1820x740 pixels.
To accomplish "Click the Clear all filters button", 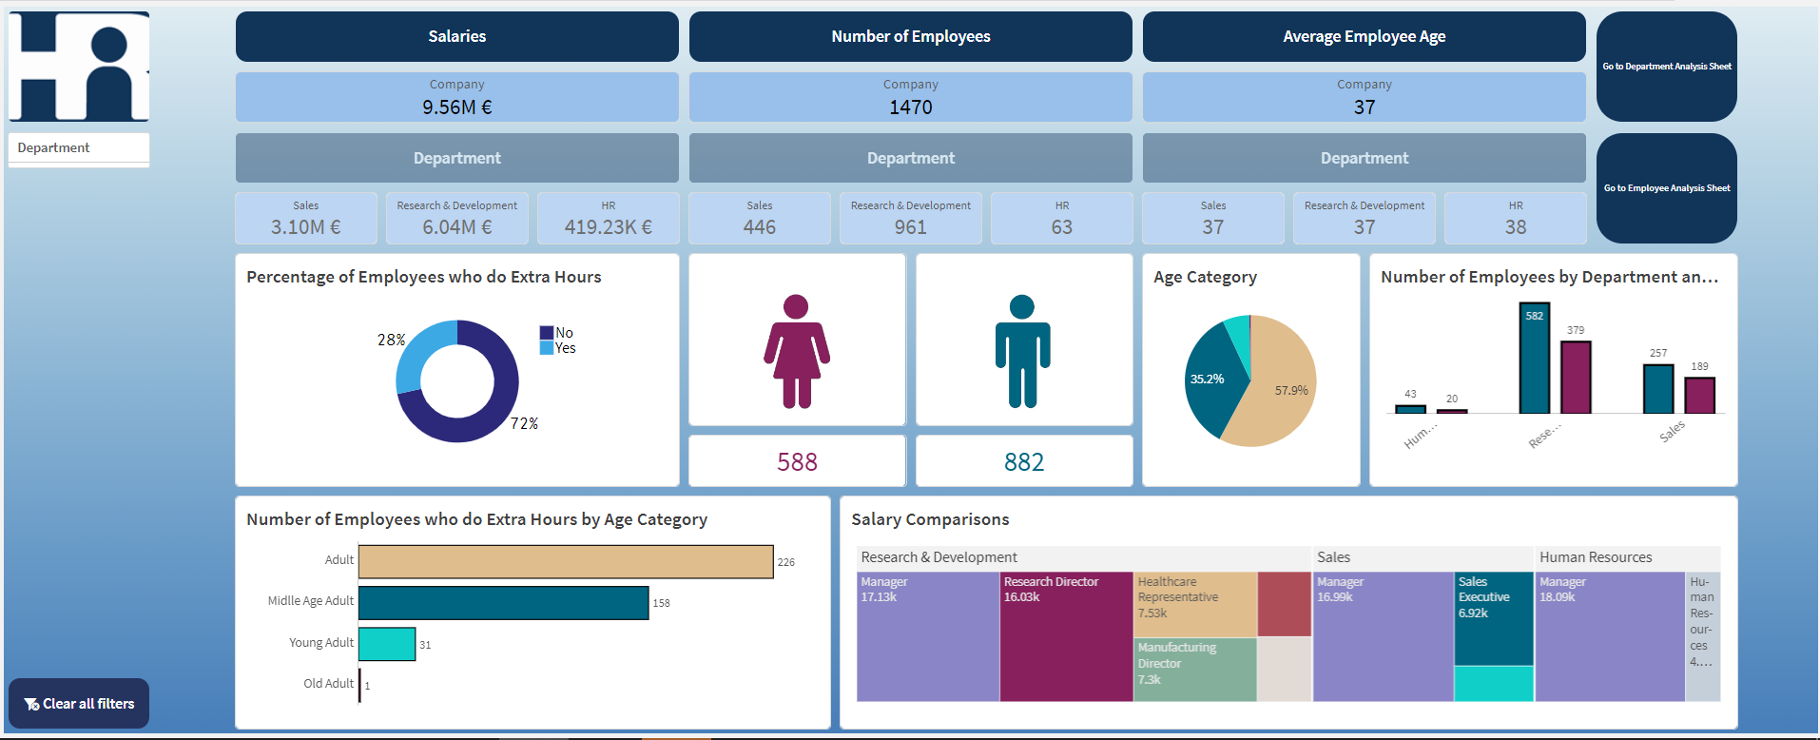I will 79,704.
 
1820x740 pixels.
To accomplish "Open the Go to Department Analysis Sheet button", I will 1666,67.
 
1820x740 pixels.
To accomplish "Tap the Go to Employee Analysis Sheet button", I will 1666,188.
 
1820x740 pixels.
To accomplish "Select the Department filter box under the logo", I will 79,148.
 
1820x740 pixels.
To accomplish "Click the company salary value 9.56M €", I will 456,107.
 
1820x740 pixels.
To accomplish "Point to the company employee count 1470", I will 910,107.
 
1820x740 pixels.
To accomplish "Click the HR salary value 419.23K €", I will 608,227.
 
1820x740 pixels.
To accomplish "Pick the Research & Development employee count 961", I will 910,227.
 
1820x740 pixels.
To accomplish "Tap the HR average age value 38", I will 1515,227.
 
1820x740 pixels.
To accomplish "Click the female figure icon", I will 797,352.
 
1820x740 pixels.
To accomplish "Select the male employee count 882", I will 1023,462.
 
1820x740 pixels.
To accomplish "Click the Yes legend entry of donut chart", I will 565,348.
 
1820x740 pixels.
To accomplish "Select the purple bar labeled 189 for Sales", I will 1699,395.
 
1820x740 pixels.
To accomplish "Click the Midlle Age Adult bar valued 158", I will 503,603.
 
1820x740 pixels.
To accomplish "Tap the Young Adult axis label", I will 320,643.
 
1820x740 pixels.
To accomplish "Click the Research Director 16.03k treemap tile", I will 1065,637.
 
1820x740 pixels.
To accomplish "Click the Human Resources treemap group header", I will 1595,557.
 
